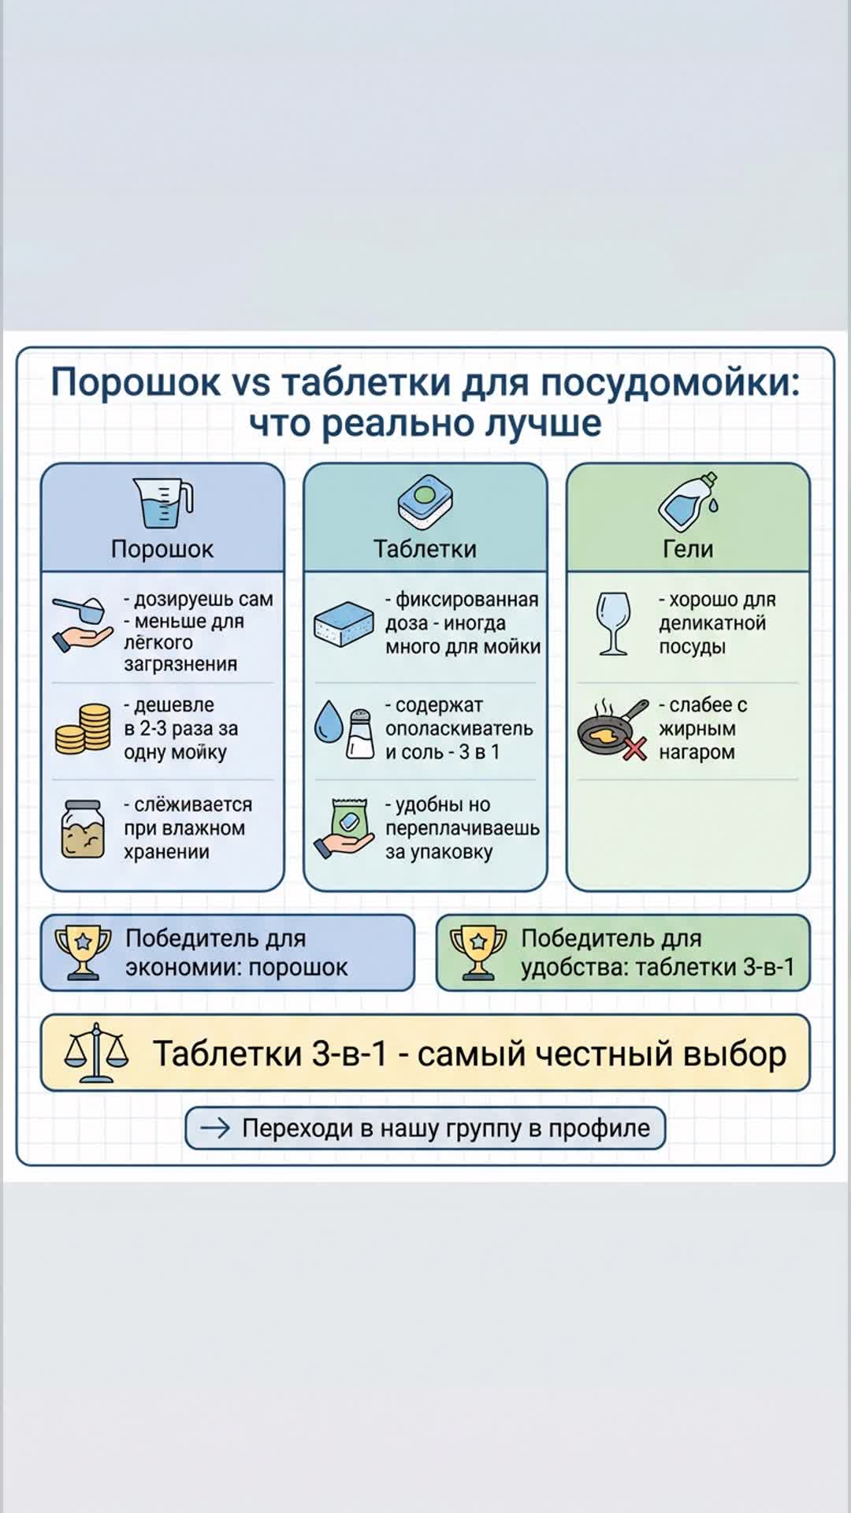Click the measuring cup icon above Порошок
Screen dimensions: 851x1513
click(x=163, y=503)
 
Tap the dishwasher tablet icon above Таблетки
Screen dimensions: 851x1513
click(x=425, y=502)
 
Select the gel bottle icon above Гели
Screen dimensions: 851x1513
click(x=689, y=502)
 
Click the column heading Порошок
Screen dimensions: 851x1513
click(x=162, y=548)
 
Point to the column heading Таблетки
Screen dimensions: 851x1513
click(x=425, y=548)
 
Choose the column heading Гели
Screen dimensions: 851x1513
click(x=688, y=548)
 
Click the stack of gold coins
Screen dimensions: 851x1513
click(x=83, y=729)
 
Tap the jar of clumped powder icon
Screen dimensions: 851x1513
click(x=83, y=828)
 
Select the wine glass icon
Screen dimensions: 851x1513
click(x=613, y=623)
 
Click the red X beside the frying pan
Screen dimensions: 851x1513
click(x=635, y=749)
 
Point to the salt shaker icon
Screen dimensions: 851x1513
click(x=360, y=734)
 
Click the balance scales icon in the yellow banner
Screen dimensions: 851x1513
click(x=96, y=1053)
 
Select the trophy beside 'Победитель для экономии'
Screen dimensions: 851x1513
click(x=83, y=952)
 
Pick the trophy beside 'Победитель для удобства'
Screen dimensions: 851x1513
click(x=478, y=952)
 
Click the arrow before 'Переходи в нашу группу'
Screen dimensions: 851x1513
click(x=214, y=1128)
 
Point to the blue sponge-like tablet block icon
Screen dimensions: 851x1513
click(x=344, y=624)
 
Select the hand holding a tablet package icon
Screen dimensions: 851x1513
click(x=344, y=829)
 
